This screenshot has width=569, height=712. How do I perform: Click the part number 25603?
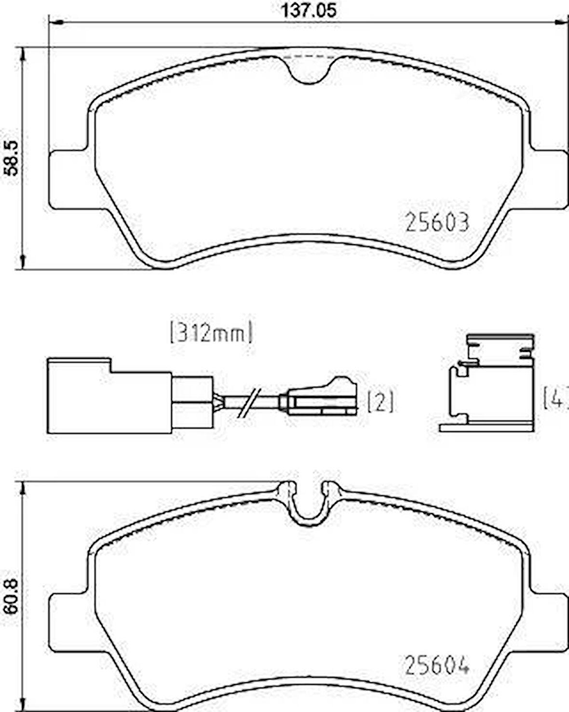click(437, 222)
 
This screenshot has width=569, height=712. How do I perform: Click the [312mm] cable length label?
click(211, 332)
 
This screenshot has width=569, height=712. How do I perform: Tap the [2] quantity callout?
click(380, 401)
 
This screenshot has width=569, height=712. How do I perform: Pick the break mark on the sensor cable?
click(250, 402)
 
